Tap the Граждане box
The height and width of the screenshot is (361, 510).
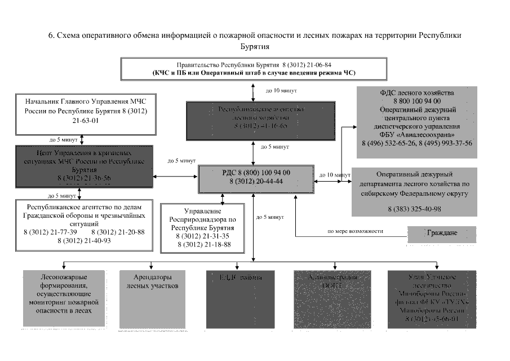point(441,234)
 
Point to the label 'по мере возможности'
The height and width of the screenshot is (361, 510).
point(355,231)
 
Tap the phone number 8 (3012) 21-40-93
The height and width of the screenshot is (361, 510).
point(84,240)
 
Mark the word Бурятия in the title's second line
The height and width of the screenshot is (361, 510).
point(255,47)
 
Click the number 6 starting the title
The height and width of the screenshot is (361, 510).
point(50,35)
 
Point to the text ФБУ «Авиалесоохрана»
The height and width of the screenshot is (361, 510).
point(418,135)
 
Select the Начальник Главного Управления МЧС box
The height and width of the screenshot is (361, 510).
point(85,115)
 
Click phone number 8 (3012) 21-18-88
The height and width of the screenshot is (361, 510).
point(204,244)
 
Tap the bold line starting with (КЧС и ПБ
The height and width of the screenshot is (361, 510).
point(254,73)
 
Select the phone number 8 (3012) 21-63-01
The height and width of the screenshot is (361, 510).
point(85,120)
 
